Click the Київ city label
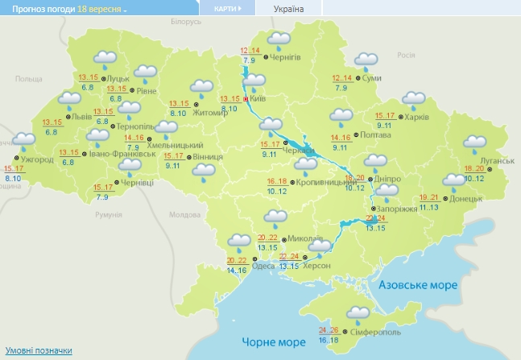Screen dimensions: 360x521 tap(258, 98)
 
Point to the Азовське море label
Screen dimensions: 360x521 tap(418, 286)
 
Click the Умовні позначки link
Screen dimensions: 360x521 tap(39, 351)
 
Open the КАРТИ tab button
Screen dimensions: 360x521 tap(226, 8)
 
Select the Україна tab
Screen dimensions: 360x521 tap(288, 8)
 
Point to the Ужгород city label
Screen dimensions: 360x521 tap(36, 159)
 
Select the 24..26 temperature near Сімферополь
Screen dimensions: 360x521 tap(329, 330)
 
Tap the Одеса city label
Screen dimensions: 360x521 tap(263, 266)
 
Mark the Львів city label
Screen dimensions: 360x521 tap(82, 116)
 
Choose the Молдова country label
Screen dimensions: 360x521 tap(184, 215)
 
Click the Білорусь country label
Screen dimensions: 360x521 tap(185, 21)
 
